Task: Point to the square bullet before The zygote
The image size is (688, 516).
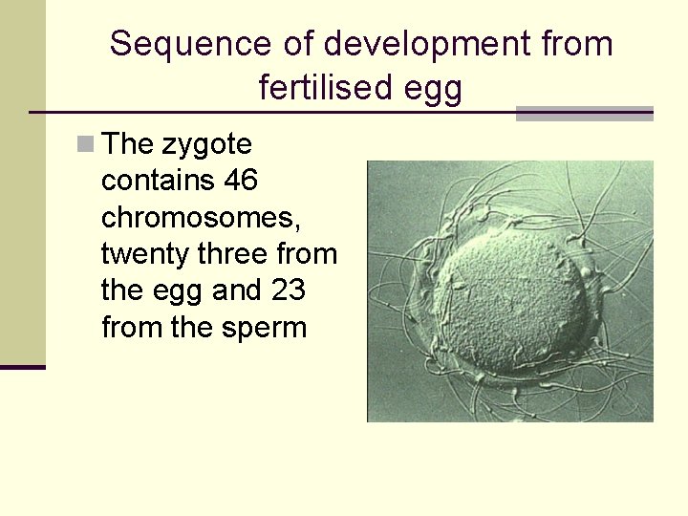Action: [x=87, y=144]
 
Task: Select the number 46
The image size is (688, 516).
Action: [x=242, y=181]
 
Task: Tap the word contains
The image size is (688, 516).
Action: [x=156, y=181]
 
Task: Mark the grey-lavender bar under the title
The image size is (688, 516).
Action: [x=584, y=114]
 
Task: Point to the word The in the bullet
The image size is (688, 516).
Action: [x=127, y=144]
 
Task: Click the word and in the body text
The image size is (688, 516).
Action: [x=233, y=290]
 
